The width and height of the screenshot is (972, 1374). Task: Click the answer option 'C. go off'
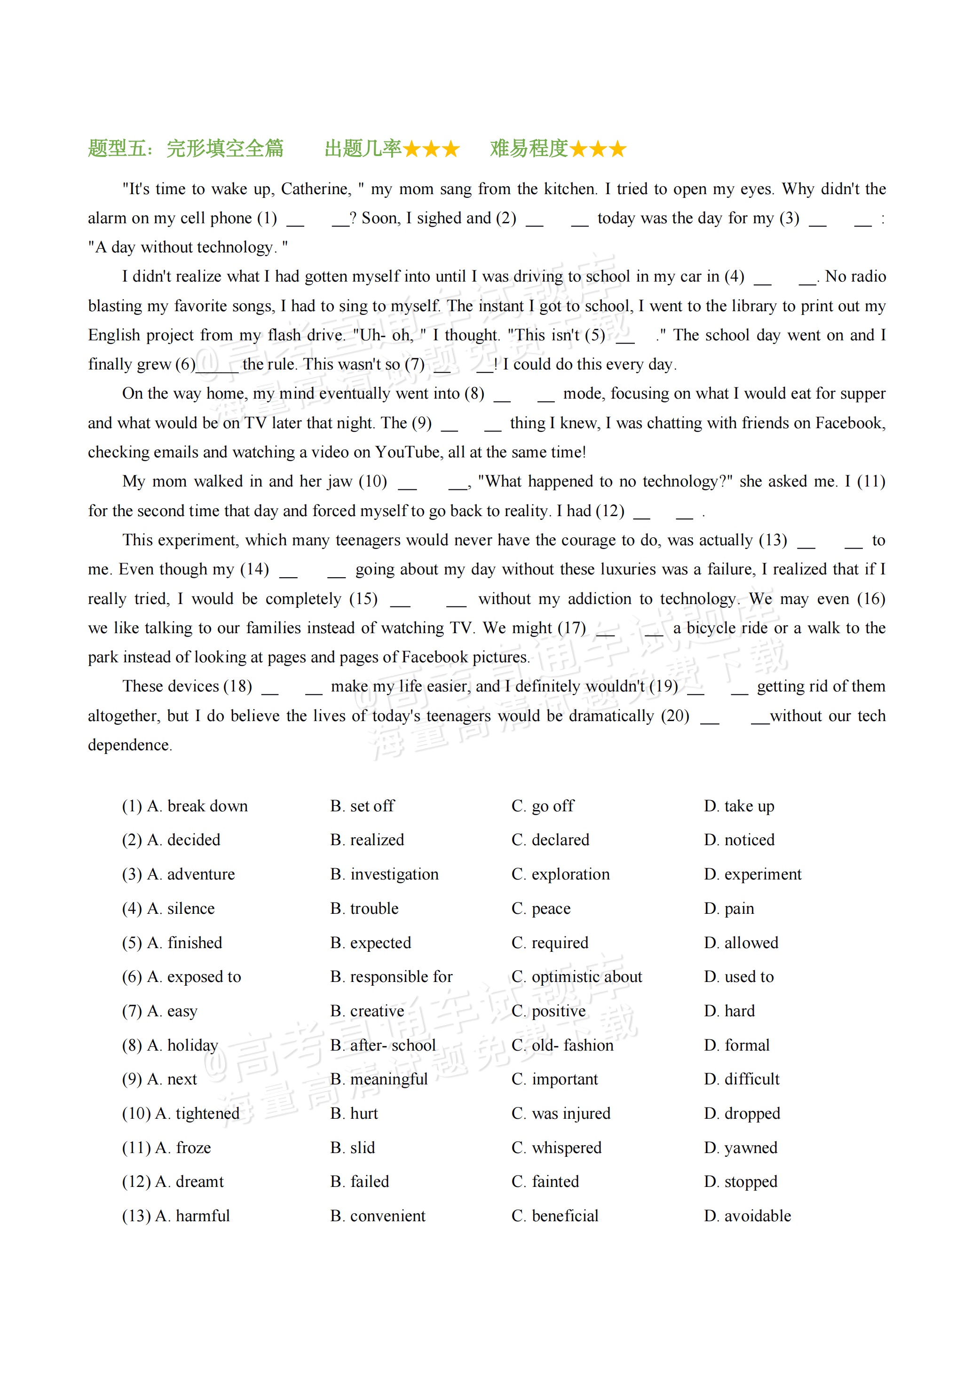[x=542, y=806]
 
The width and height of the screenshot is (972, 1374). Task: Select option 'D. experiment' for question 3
[x=752, y=874]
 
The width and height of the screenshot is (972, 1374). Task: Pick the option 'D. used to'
[x=739, y=977]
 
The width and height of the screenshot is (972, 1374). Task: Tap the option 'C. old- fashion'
[x=562, y=1045]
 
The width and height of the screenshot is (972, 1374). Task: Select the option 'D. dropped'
[x=742, y=1113]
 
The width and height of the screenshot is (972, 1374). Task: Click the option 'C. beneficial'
[x=555, y=1216]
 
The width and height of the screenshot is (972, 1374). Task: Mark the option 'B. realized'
[x=367, y=840]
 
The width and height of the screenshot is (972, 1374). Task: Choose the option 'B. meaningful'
[x=379, y=1079]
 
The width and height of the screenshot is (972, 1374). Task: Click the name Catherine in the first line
[x=316, y=189]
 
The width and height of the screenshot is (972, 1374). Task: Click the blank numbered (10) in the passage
[x=433, y=482]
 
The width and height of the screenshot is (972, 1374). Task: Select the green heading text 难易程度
[x=529, y=148]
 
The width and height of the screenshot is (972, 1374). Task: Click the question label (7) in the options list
[x=132, y=1011]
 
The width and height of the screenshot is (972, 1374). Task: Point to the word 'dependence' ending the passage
[x=129, y=745]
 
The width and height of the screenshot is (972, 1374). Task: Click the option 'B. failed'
[x=359, y=1181]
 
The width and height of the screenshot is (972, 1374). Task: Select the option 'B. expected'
[x=371, y=942]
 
